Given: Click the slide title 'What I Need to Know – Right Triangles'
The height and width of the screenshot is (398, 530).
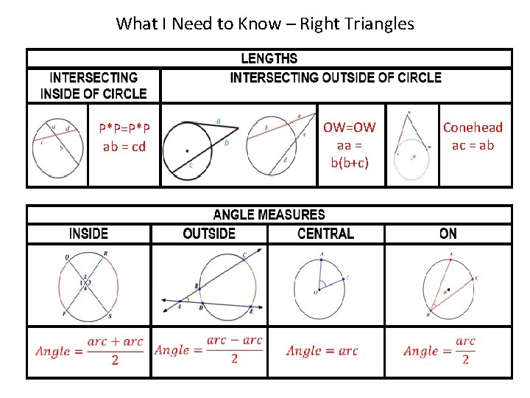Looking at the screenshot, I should click(x=265, y=24).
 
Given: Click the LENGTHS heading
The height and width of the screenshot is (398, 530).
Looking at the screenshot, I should click(x=269, y=58).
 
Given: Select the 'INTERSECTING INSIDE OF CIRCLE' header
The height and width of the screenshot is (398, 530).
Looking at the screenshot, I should click(x=93, y=85).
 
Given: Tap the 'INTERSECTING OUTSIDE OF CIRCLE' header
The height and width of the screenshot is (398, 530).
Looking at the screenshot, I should click(x=336, y=77).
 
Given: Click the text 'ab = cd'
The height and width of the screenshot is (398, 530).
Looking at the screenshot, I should click(x=124, y=146).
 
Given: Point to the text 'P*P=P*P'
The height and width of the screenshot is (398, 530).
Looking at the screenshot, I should click(x=124, y=128).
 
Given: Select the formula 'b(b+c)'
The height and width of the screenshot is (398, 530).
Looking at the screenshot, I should click(x=350, y=162).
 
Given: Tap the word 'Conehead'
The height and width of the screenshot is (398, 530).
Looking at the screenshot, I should click(x=473, y=127).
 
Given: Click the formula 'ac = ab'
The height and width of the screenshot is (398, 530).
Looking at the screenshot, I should click(x=473, y=144).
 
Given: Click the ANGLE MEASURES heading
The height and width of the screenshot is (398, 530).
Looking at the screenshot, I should click(x=269, y=214).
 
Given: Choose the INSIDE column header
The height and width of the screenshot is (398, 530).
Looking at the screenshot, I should click(x=88, y=234).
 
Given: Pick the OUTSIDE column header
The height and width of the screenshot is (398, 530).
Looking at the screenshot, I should click(x=209, y=234).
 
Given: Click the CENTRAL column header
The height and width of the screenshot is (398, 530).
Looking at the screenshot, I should click(x=325, y=234).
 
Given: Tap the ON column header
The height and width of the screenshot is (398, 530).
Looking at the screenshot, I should click(x=448, y=234).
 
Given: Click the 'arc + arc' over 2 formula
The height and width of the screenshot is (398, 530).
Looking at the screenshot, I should click(x=90, y=351).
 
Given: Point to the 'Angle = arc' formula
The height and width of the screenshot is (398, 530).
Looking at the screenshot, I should click(x=322, y=351).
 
